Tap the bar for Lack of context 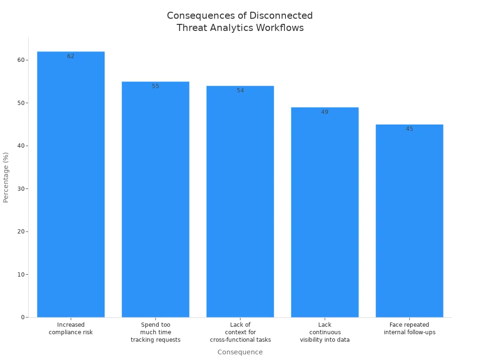(x=240, y=202)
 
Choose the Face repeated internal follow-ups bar (x=409, y=221)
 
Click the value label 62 (x=71, y=56)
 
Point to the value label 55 (x=156, y=86)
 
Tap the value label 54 (x=240, y=90)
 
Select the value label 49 (x=325, y=112)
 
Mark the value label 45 (x=409, y=129)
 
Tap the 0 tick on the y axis (x=22, y=317)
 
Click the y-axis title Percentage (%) (x=6, y=177)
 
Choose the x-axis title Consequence (x=240, y=352)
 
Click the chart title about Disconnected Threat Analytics (x=240, y=22)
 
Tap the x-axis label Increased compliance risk (x=71, y=329)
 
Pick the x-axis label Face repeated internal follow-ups (x=409, y=329)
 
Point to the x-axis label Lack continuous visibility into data (x=325, y=332)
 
